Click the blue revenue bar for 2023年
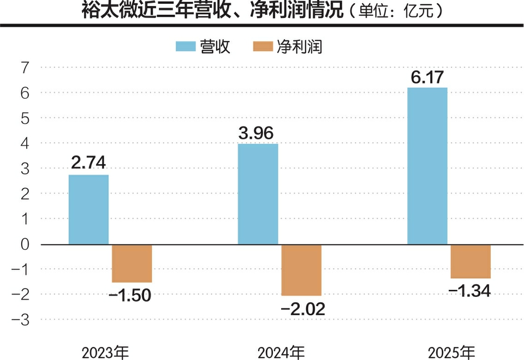(88, 209)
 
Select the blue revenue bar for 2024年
(258, 194)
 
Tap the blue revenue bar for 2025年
(427, 166)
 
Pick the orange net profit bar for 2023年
(132, 263)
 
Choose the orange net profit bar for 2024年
(301, 269)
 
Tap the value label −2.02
(303, 309)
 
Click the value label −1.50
(129, 296)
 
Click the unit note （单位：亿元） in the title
(394, 12)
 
